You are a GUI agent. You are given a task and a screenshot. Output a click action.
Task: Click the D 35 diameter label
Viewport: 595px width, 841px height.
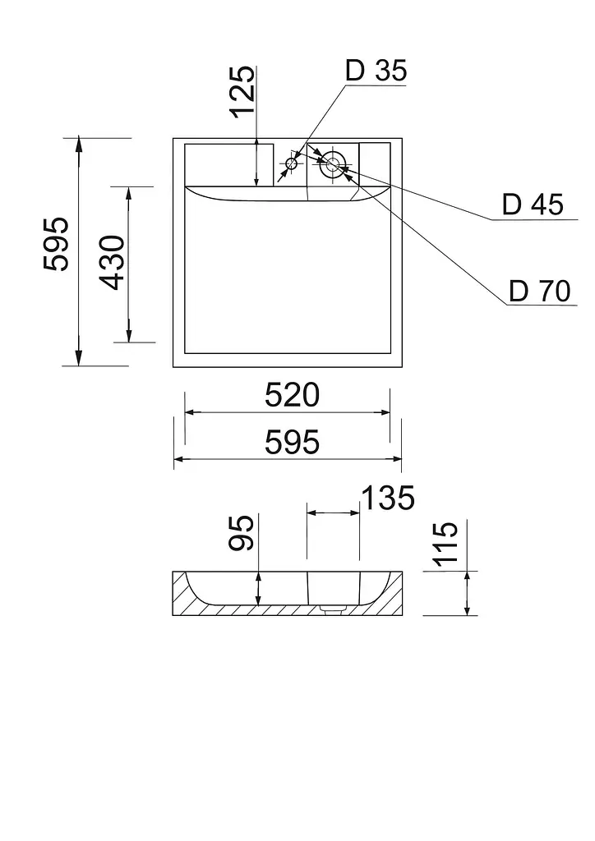[x=376, y=71]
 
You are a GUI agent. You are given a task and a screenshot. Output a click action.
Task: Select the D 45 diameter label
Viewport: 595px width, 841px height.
[x=533, y=205]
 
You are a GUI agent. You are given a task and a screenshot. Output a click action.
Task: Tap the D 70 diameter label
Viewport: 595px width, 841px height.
[x=539, y=292]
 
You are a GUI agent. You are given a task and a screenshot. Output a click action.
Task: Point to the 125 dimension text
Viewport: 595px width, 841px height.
[x=243, y=91]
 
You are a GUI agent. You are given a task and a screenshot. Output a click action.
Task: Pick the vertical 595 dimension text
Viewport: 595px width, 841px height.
[x=57, y=244]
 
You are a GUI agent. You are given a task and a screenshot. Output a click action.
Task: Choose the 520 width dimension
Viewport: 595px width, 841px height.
[x=292, y=395]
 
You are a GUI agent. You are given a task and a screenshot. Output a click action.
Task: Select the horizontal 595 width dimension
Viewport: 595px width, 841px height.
[x=292, y=443]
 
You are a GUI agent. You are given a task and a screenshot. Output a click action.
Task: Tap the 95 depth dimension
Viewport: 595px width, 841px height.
[x=241, y=532]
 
